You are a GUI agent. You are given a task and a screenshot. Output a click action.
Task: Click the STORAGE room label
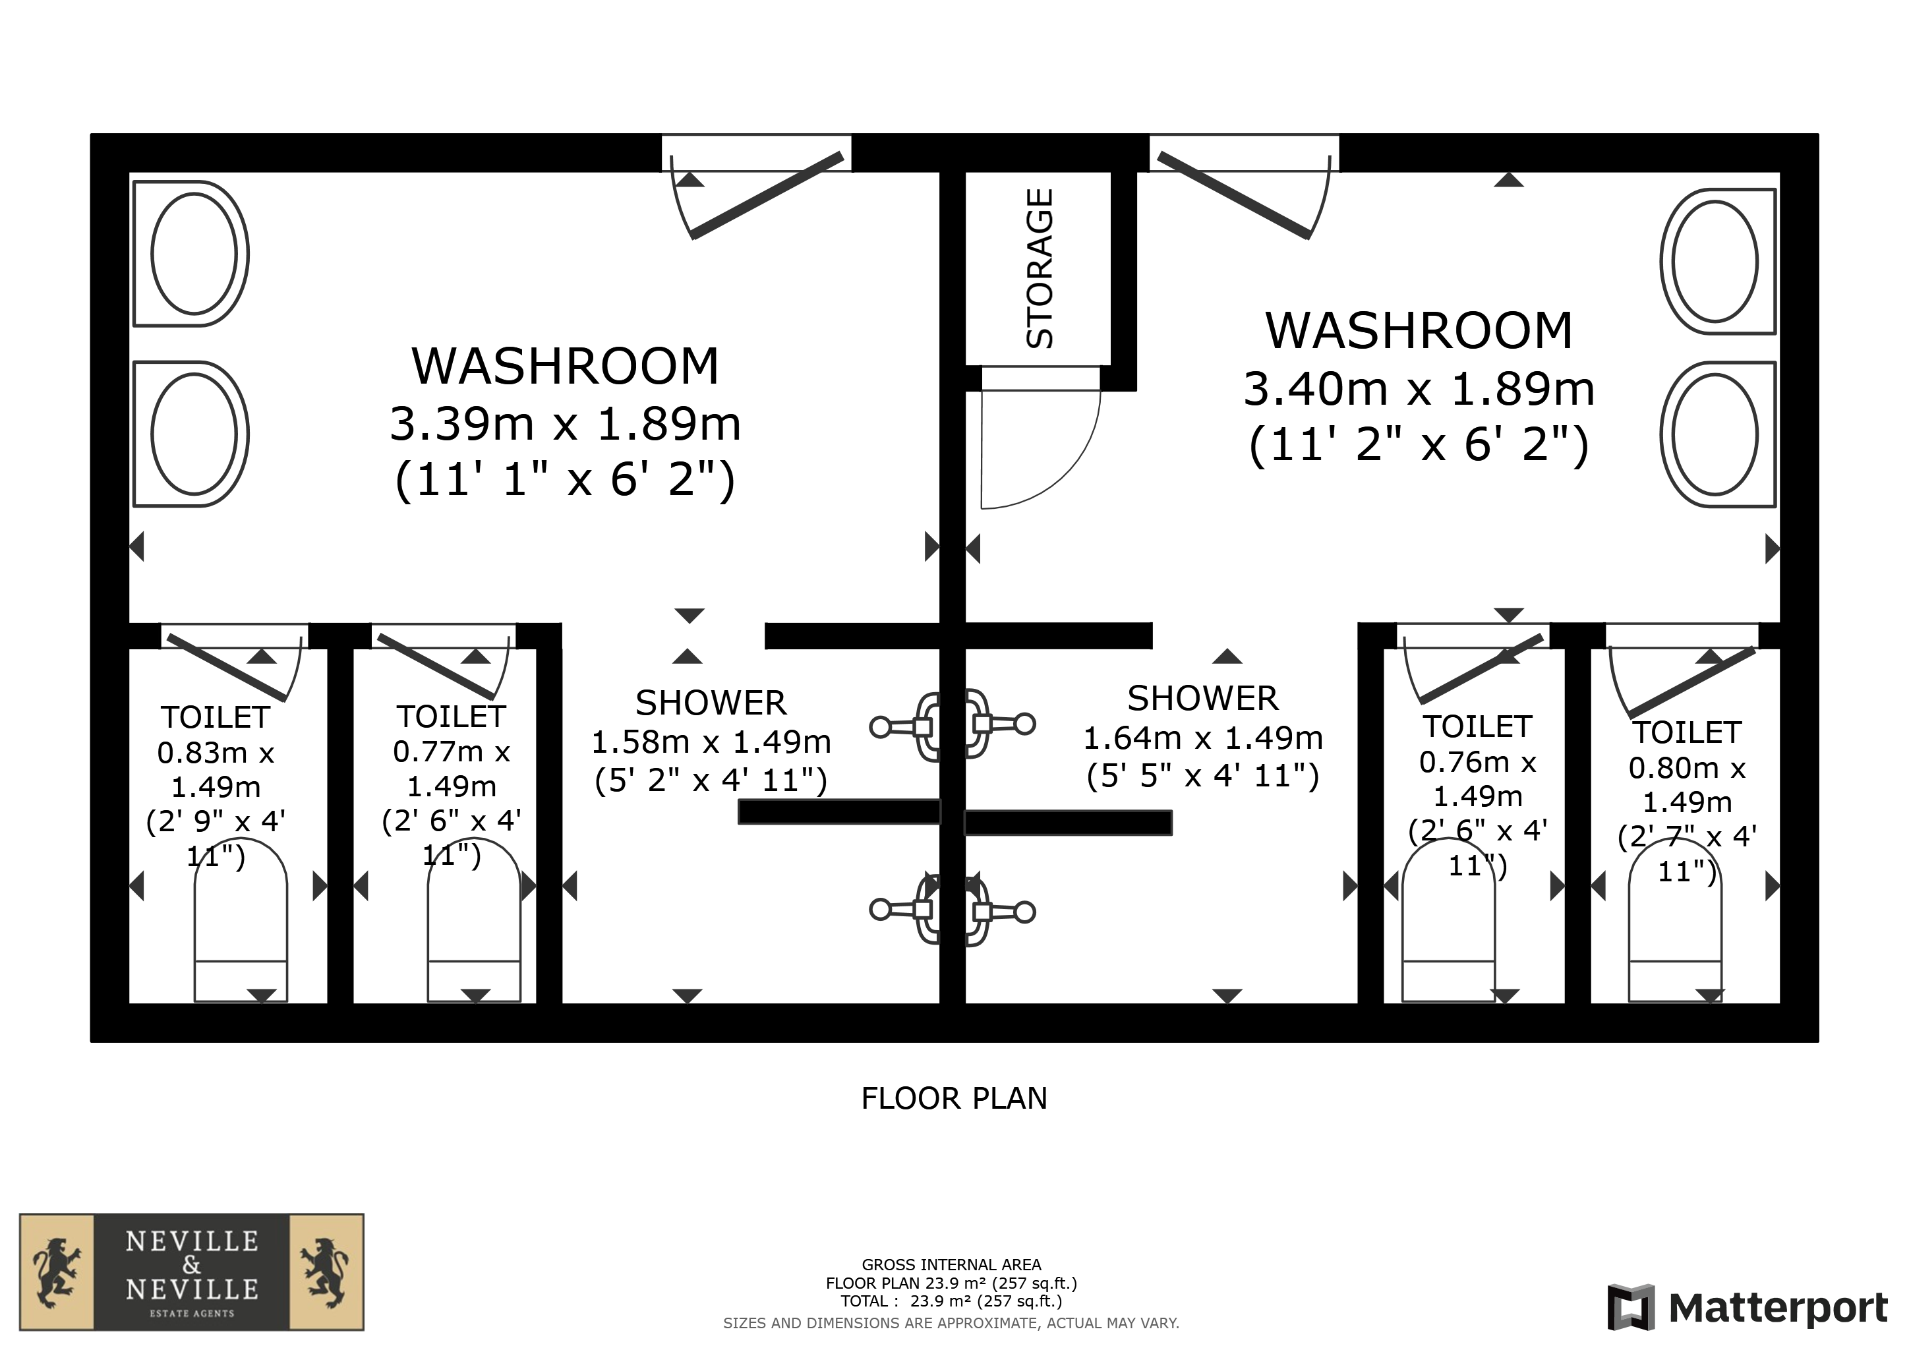(1040, 268)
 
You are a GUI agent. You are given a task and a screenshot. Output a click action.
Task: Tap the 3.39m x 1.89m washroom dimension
(566, 424)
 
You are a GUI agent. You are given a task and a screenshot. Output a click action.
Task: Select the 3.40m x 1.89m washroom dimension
(1419, 389)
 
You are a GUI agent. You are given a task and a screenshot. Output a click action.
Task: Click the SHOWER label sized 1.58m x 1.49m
(711, 703)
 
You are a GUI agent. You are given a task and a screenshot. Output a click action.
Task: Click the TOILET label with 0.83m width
(216, 717)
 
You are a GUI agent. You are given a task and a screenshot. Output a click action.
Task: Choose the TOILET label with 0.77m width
(451, 717)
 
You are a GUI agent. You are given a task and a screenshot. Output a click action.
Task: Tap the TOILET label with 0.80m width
(1687, 732)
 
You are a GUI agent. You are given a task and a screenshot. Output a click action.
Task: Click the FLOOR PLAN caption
(954, 1099)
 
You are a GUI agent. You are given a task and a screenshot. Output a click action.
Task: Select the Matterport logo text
(1778, 1308)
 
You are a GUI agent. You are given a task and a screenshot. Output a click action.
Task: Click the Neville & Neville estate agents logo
(192, 1272)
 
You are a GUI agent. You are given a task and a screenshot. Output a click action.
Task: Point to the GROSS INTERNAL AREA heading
(951, 1265)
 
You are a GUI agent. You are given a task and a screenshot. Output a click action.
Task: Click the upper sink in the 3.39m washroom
(191, 254)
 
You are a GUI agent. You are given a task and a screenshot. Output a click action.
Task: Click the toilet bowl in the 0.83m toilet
(241, 920)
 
